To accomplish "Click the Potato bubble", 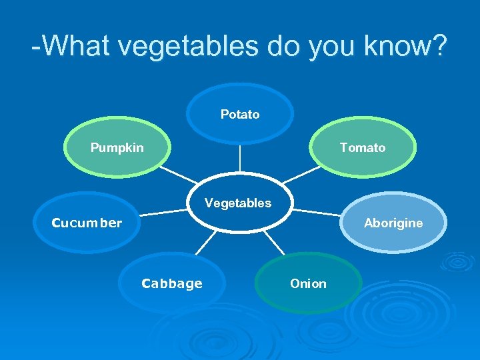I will [240, 114].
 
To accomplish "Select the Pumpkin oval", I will [117, 147].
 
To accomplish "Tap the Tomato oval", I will [362, 147].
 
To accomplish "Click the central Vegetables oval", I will [238, 203].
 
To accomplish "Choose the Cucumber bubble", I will [87, 223].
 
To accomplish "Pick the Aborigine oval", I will [393, 223].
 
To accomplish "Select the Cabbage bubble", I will [171, 283].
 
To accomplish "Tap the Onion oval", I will [308, 283].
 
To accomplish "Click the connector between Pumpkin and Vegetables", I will [179, 175].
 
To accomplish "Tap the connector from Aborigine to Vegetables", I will [317, 213].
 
